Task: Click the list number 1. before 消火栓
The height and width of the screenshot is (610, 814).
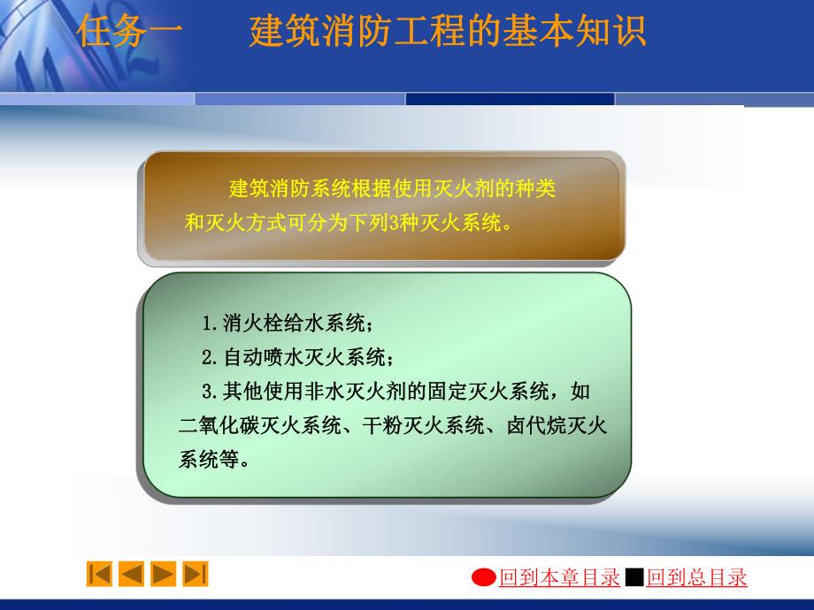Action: (x=211, y=324)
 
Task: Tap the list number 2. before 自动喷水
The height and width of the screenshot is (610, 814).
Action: (x=211, y=358)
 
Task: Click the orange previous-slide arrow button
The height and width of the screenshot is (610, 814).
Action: (x=131, y=574)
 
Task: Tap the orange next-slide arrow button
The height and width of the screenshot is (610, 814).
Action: (x=163, y=574)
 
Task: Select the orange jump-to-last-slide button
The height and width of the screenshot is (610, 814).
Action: (x=195, y=574)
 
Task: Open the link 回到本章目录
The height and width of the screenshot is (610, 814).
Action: (x=559, y=578)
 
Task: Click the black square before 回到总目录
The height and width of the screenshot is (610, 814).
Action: (x=634, y=578)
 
